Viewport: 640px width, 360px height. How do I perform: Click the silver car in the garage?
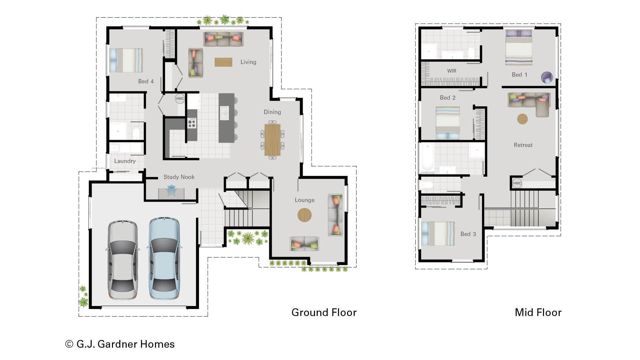122,260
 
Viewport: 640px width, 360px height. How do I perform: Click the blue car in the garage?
164,258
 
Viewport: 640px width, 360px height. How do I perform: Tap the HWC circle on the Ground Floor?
180,99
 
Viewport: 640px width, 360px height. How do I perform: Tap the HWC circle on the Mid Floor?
517,183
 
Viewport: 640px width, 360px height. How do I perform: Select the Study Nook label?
179,177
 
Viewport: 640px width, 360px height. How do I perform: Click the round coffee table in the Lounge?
304,215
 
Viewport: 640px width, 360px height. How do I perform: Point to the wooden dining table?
272,140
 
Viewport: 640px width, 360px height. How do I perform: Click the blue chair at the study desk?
171,190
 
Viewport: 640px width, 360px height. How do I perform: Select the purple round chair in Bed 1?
547,77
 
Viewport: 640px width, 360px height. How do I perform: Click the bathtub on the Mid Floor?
427,157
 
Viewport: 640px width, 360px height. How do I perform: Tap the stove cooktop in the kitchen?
192,123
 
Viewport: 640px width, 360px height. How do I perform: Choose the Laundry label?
125,161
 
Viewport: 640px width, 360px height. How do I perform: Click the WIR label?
452,71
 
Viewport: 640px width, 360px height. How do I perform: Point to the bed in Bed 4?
126,60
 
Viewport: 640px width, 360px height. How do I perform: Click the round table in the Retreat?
522,119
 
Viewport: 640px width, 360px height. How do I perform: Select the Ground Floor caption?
324,312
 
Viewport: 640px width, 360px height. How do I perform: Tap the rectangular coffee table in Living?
223,62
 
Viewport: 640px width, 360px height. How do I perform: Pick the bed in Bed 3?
438,234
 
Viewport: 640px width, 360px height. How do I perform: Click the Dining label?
272,112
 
